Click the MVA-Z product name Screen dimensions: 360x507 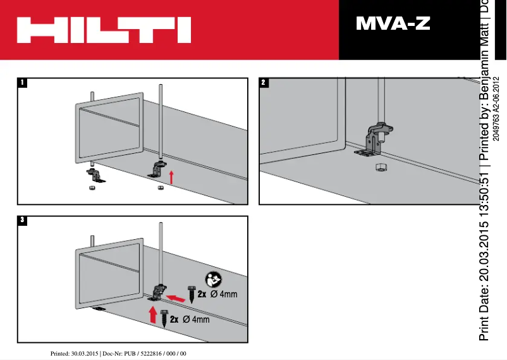tap(393, 25)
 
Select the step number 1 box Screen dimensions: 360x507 tap(23, 82)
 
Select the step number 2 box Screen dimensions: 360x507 tap(264, 82)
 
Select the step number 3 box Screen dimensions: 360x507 tap(23, 220)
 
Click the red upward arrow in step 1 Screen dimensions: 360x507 tap(171, 177)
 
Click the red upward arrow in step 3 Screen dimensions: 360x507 tap(152, 314)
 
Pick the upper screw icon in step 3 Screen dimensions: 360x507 tap(191, 295)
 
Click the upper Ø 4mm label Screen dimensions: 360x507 tap(223, 295)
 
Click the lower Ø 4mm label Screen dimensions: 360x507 tap(195, 319)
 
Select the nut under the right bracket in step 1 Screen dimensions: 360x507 tap(159, 188)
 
